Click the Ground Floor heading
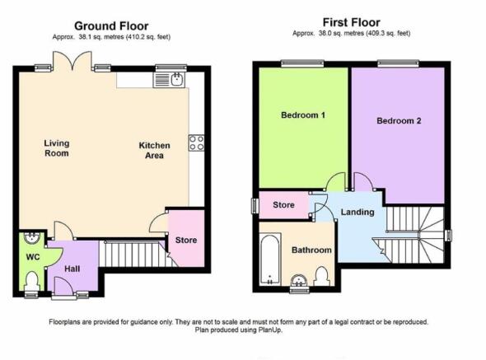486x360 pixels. [x=111, y=26]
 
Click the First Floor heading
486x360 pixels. [x=351, y=22]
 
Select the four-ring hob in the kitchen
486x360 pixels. [x=197, y=143]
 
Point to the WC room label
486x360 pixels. [x=33, y=257]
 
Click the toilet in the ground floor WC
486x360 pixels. [x=31, y=281]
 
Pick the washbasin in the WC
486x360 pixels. [x=31, y=238]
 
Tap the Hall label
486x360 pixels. [x=72, y=269]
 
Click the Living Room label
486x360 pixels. [x=56, y=148]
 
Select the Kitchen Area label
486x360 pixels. [x=154, y=151]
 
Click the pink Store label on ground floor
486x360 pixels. [x=186, y=240]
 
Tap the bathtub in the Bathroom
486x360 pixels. [x=270, y=259]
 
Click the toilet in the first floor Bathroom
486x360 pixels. [x=322, y=276]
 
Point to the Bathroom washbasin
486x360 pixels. [x=299, y=280]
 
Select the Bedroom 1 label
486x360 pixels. [x=303, y=115]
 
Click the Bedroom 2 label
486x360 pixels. [x=399, y=121]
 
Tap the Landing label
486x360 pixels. [x=357, y=212]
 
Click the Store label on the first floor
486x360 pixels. [x=283, y=205]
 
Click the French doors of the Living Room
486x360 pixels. [x=72, y=61]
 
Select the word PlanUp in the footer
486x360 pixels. [x=269, y=330]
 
